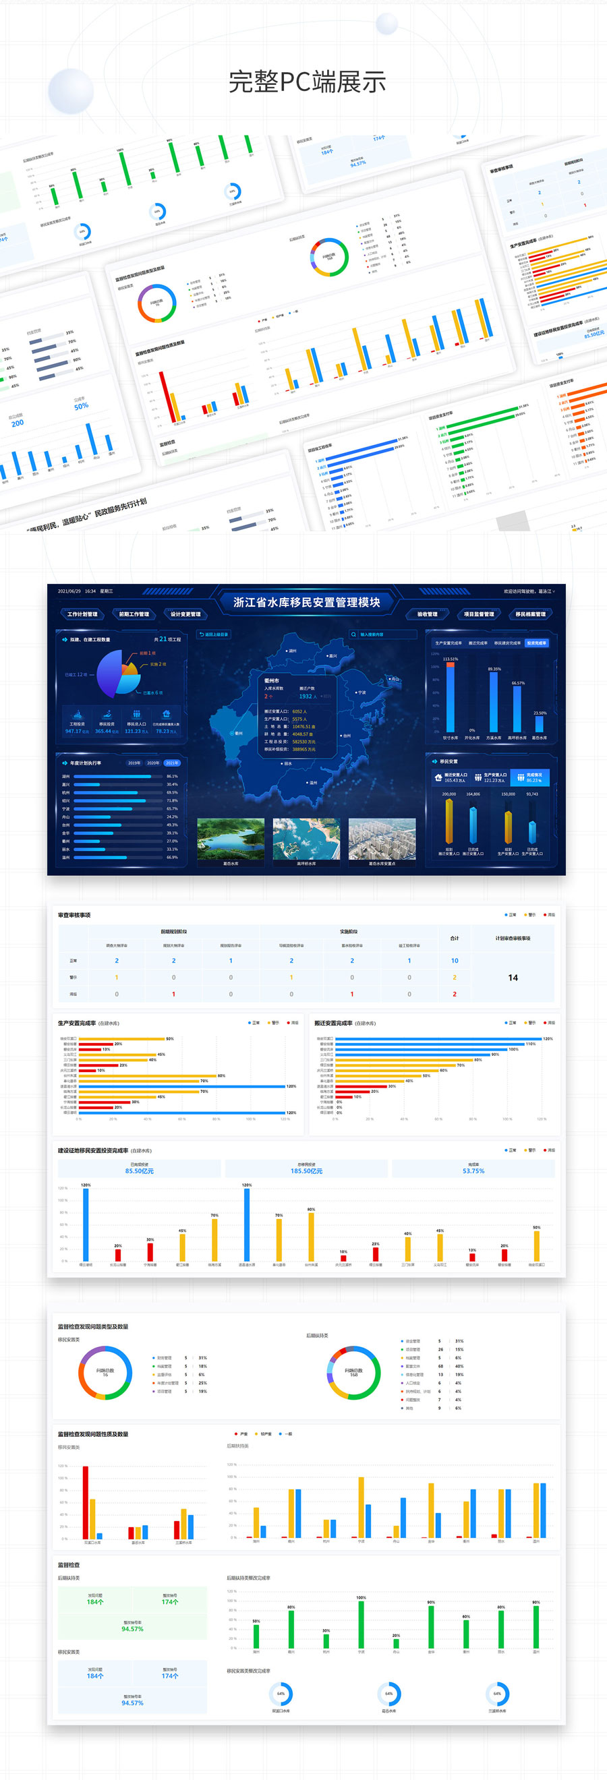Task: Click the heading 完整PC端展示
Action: coord(307,82)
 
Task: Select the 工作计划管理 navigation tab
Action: coord(82,614)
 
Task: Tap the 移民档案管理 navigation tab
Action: coord(530,614)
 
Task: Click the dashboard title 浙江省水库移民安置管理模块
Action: coord(306,603)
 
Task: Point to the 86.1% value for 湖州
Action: coord(172,776)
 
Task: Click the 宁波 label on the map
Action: coord(361,692)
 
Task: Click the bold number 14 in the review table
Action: coord(513,977)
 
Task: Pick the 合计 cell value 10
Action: coord(454,961)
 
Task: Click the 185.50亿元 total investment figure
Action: coord(306,1171)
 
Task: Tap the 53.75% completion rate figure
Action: coord(473,1171)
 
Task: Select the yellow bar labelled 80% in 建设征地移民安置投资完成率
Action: coord(311,1236)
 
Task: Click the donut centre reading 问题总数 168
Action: coord(353,1372)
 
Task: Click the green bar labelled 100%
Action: coord(361,1624)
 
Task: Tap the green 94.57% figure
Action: coord(132,1629)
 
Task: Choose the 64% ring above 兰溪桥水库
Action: coord(497,1694)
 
